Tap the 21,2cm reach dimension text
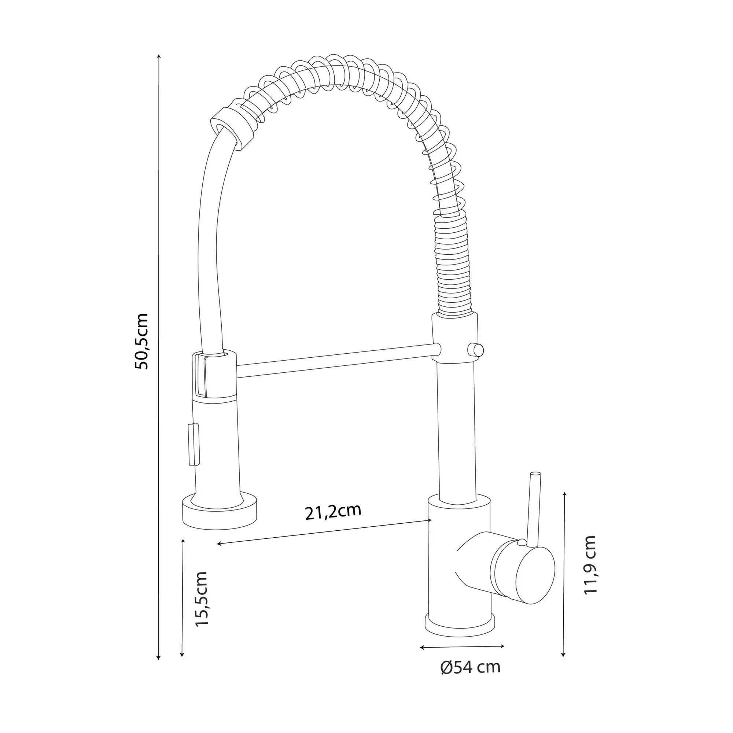click(333, 512)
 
